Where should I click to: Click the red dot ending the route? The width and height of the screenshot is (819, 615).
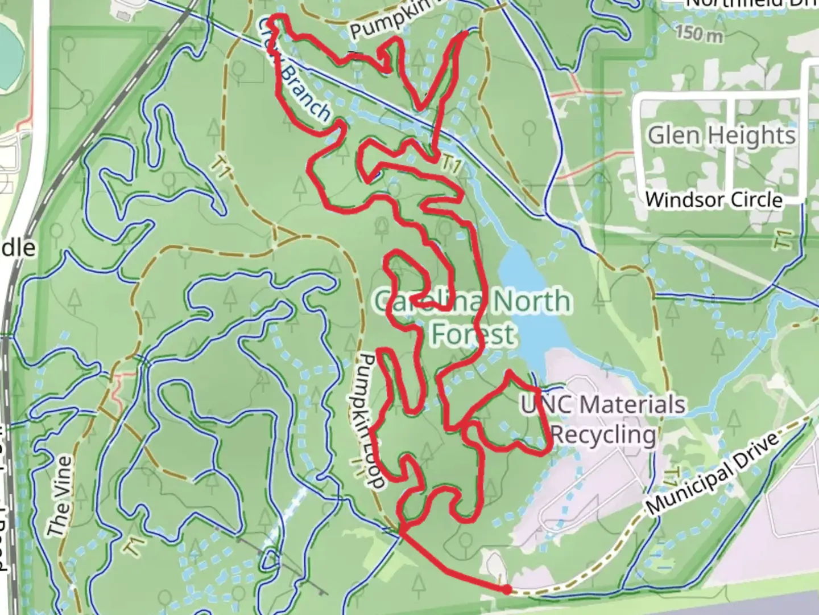tap(506, 589)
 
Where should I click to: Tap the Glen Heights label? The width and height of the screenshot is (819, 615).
tap(721, 136)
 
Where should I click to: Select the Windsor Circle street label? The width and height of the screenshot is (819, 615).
tap(714, 200)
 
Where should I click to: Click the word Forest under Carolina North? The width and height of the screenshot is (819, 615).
tap(473, 334)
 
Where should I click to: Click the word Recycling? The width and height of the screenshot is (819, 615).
tap(603, 435)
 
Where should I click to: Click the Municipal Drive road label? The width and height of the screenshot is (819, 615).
tap(712, 472)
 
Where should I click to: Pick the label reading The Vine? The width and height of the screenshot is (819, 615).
tap(60, 496)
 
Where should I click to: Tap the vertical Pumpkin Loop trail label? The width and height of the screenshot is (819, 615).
tap(370, 421)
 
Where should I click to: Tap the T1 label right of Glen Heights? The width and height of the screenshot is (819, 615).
tap(783, 238)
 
